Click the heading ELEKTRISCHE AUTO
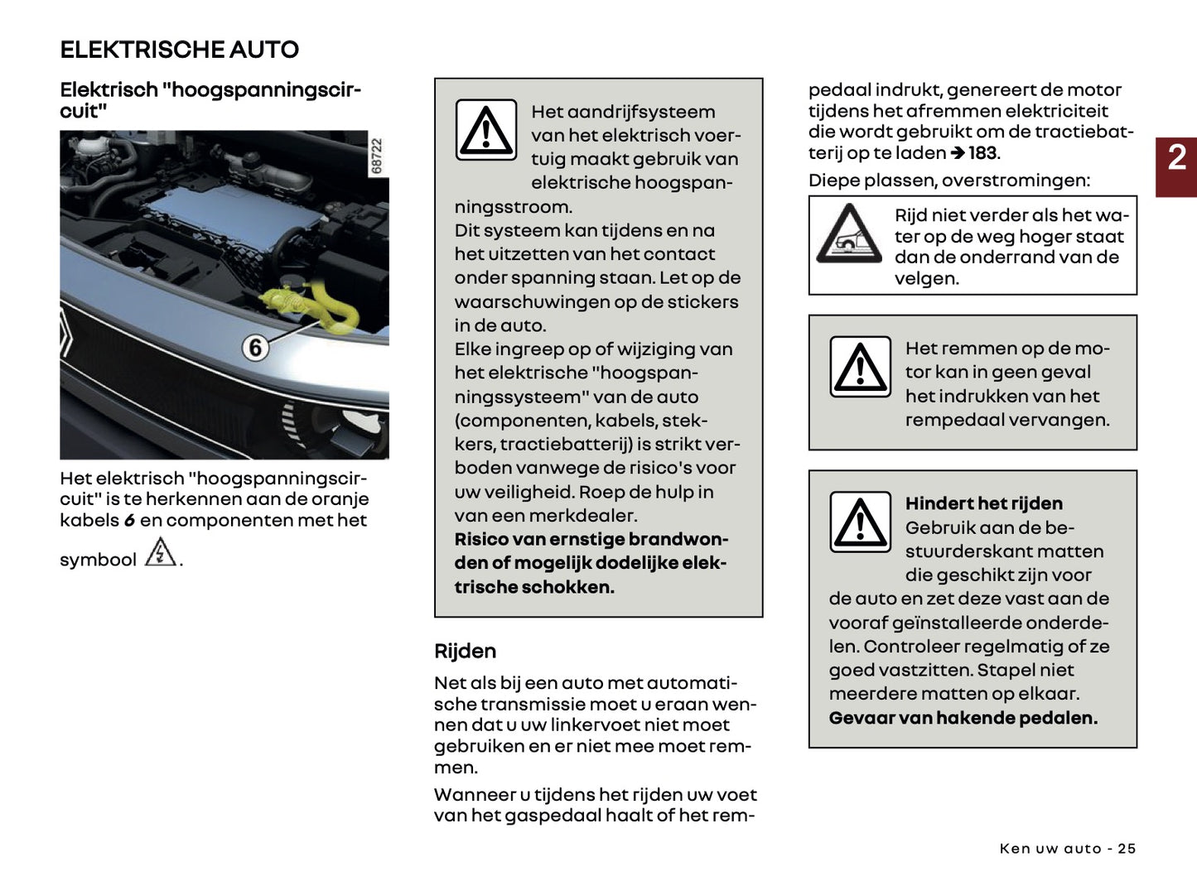[179, 50]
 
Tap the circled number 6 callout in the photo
[255, 348]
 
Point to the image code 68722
[377, 156]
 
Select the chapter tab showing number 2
[1176, 157]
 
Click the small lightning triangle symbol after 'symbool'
[160, 552]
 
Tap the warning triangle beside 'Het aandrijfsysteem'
[486, 130]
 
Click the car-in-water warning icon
[849, 235]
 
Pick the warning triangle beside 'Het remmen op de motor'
[861, 367]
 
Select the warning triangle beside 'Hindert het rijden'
[861, 522]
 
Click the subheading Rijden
[465, 651]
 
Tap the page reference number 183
[982, 153]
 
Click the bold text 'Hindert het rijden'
[983, 503]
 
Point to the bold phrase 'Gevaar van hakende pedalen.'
[963, 718]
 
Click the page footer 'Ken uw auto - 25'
[1067, 849]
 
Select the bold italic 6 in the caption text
[129, 521]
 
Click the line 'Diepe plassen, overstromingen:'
[948, 181]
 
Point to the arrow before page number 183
[958, 153]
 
